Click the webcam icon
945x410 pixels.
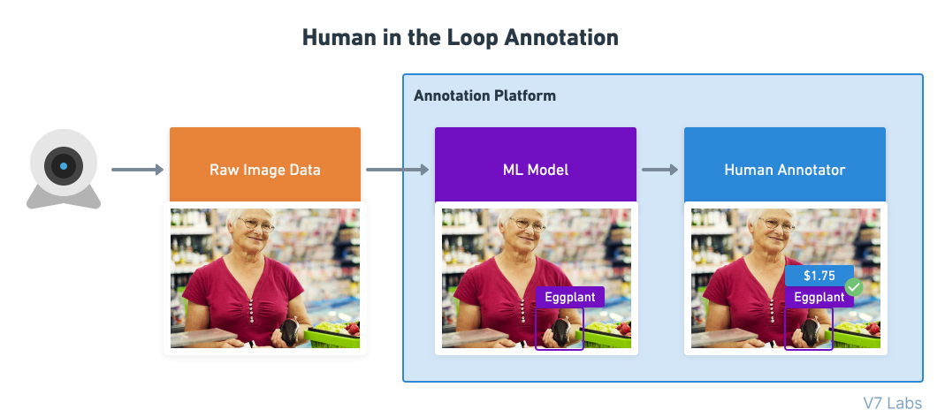point(64,170)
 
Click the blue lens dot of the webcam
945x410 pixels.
point(64,166)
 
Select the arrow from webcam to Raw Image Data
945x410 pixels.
point(137,169)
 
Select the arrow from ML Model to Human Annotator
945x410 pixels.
point(659,169)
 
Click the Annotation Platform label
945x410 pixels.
point(484,95)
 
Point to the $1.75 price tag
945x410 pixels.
point(819,276)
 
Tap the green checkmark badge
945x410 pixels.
point(854,287)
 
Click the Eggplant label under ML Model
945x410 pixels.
point(569,297)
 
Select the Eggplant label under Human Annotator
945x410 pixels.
point(819,297)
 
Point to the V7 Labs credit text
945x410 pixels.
point(892,403)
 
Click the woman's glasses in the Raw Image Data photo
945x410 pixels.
point(256,224)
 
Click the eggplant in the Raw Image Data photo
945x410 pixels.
point(289,332)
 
